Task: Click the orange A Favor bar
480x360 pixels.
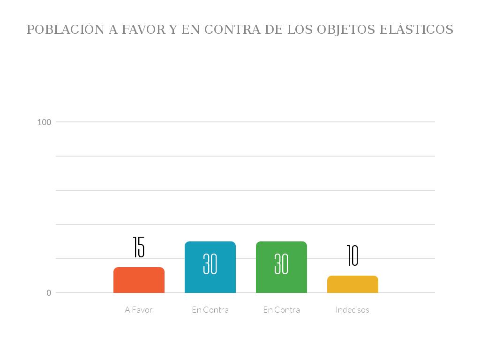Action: tap(139, 280)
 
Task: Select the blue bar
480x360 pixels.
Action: tap(210, 277)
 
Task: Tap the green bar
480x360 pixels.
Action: tap(281, 277)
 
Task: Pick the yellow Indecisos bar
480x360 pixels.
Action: tap(352, 285)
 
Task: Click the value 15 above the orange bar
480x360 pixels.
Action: tap(139, 247)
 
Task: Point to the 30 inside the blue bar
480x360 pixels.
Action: tap(210, 264)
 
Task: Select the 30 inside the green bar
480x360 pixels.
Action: tap(281, 264)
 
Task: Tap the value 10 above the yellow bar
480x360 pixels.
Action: tap(352, 255)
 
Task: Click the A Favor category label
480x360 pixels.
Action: tap(139, 310)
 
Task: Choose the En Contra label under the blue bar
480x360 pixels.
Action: tap(210, 310)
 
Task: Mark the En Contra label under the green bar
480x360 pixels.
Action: tap(281, 310)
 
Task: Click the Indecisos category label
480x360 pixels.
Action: tap(352, 310)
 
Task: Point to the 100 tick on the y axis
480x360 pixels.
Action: tap(44, 122)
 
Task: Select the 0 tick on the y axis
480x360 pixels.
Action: tap(49, 293)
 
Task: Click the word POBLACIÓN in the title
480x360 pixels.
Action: tap(66, 30)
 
